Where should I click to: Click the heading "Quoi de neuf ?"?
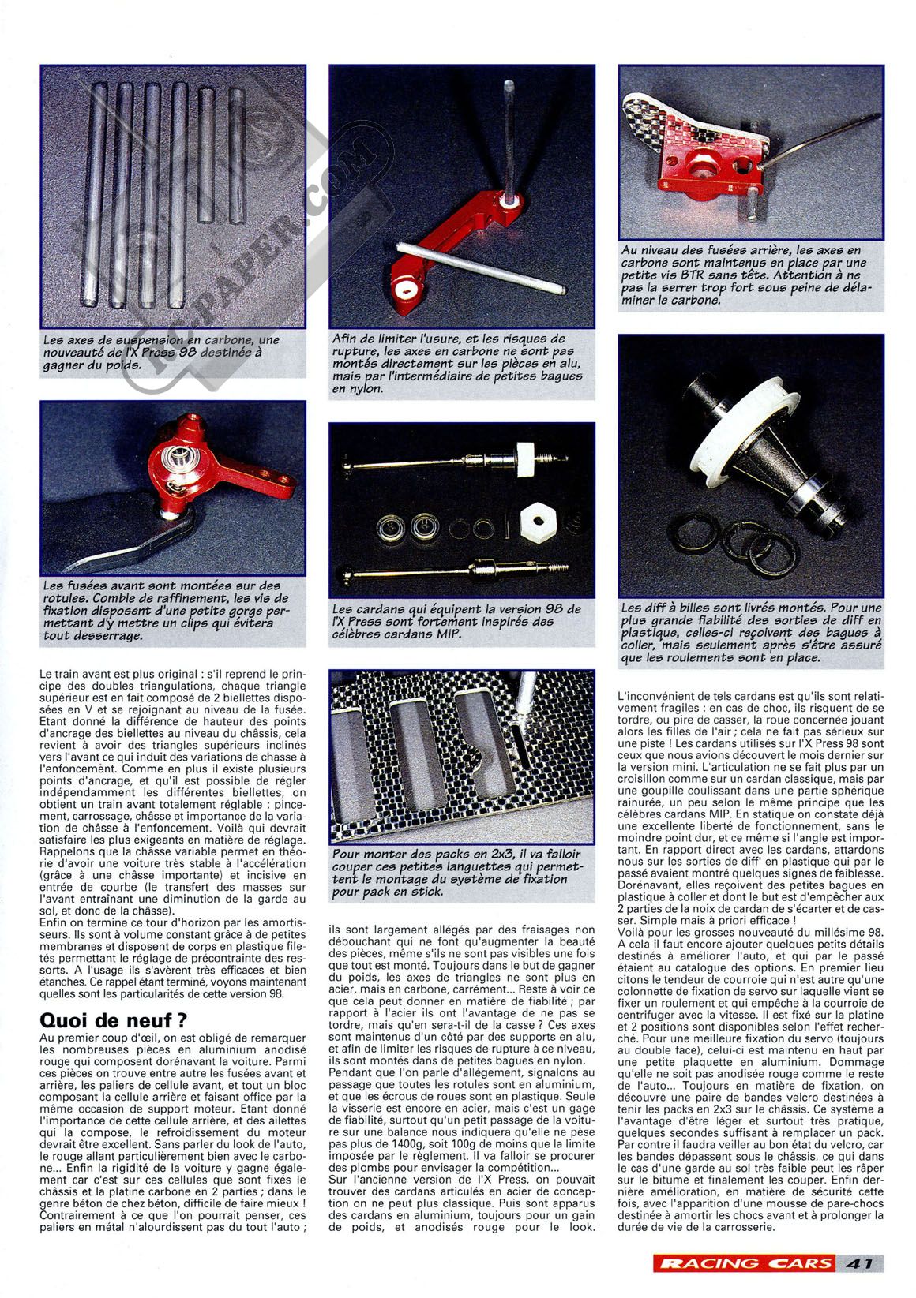point(114,1019)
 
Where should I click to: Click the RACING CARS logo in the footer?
point(745,1262)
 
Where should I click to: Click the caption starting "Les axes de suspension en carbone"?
point(161,352)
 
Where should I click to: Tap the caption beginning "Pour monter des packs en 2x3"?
point(456,873)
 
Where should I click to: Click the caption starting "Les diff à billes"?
point(751,632)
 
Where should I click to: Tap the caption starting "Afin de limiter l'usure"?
point(458,364)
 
